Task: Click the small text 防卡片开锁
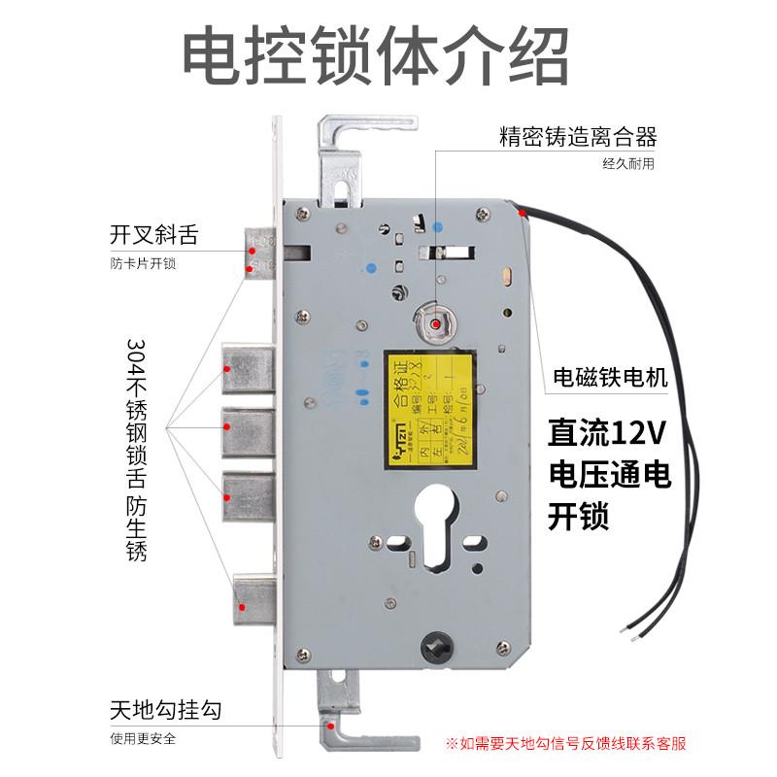click(x=144, y=263)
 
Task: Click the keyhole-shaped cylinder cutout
click(x=437, y=525)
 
